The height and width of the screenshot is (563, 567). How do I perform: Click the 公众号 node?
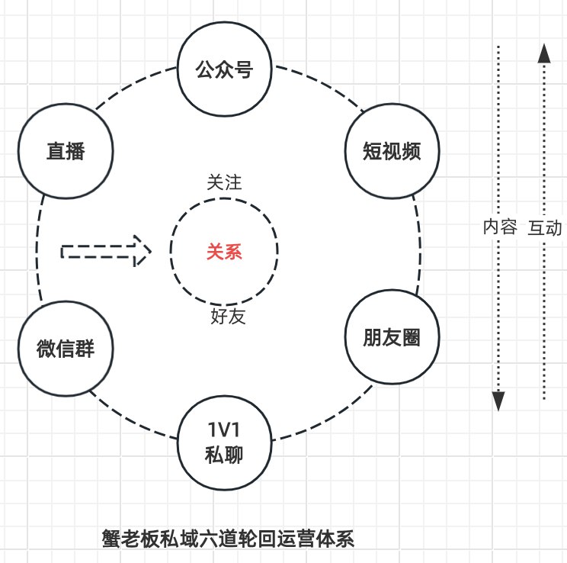coord(224,71)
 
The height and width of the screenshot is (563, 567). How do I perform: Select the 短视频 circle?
coord(392,150)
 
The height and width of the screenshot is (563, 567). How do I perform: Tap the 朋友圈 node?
coord(392,337)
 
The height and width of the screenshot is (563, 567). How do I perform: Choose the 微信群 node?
coord(65,349)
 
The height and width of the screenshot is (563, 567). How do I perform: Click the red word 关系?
coord(224,252)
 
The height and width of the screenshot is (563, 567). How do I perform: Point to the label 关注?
coord(224,183)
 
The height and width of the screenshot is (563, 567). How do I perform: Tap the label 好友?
coord(227,316)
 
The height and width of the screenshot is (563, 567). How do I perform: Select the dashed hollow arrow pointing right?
coord(106,251)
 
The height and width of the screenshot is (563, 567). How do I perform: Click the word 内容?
coord(500,227)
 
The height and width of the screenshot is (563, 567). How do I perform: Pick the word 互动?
coord(544,227)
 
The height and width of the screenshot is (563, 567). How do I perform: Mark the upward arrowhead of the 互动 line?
coord(543,53)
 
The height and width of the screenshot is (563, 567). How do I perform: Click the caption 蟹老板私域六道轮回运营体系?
coord(228,539)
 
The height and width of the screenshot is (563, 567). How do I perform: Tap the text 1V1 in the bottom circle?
coord(224,429)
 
